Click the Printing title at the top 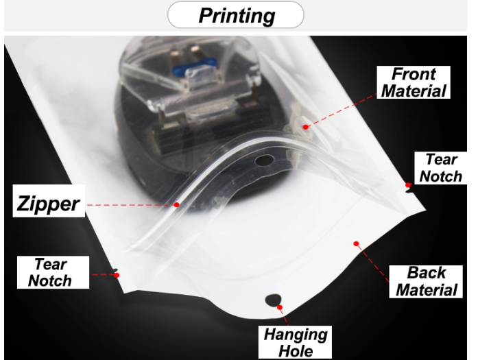coord(236,15)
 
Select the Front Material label coord(414,82)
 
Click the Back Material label coord(426,281)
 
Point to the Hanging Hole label coord(295,342)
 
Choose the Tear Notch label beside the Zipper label coord(53,272)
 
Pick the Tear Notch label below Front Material coord(441,168)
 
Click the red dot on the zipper coord(176,205)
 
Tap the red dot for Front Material coord(305,127)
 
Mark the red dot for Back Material coord(356,243)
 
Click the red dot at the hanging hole coord(280,307)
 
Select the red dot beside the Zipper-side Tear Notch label coord(117,275)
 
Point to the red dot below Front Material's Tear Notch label coord(408,185)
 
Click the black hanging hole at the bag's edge coord(273,300)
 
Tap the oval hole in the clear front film coord(264,160)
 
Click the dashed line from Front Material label coord(342,111)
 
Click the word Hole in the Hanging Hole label coord(296,351)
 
